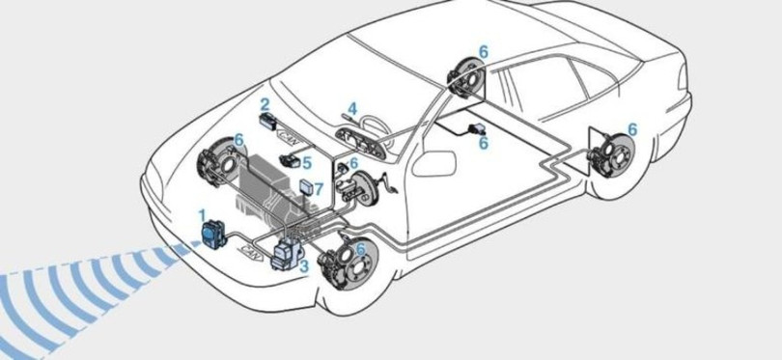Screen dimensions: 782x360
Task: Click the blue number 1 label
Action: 202,215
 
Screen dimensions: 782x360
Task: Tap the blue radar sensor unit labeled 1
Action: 213,235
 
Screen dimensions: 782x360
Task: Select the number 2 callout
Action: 265,104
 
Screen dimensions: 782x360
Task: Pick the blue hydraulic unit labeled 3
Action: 286,254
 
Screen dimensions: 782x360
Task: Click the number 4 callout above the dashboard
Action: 352,108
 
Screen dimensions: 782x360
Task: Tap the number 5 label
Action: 307,162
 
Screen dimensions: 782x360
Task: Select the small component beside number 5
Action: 290,161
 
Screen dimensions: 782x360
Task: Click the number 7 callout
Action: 319,189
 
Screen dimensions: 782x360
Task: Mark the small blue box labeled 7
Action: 305,187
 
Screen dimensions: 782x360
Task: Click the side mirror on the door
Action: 433,163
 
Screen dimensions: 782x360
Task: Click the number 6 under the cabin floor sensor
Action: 484,143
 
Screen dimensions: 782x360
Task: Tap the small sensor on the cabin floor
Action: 477,129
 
